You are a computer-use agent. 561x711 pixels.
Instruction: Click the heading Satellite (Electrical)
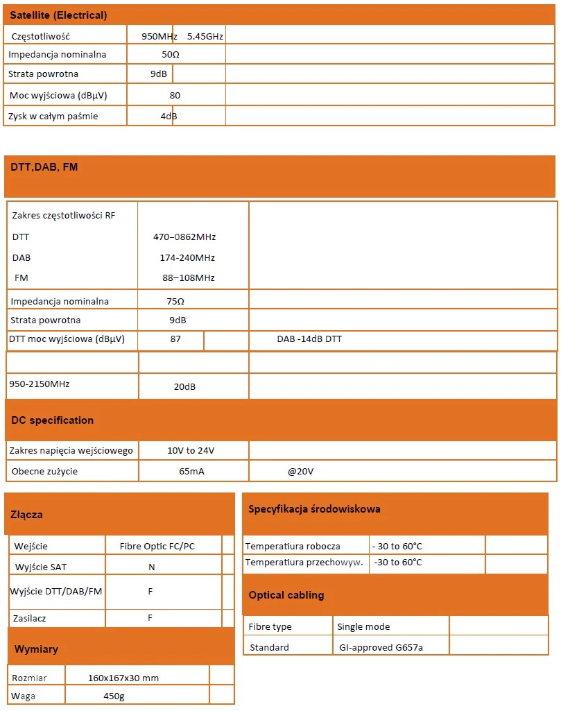tap(58, 15)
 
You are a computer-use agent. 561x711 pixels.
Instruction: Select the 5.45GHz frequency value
tap(205, 36)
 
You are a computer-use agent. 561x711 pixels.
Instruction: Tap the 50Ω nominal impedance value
tap(171, 54)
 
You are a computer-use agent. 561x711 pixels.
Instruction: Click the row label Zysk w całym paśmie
tap(53, 116)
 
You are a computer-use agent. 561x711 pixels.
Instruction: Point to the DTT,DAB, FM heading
tap(44, 167)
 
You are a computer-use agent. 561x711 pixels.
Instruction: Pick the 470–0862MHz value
tap(184, 237)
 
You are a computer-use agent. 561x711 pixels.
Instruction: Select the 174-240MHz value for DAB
tap(187, 257)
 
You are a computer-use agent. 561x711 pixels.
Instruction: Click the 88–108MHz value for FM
tap(189, 277)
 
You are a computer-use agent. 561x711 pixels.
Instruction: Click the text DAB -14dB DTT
tap(309, 339)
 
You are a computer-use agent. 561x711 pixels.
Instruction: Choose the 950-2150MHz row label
tap(40, 383)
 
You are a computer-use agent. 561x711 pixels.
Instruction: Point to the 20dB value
tap(184, 387)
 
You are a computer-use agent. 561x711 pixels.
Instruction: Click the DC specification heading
tap(53, 420)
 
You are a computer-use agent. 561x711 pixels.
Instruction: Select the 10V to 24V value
tap(191, 450)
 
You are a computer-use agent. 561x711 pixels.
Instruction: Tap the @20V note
tap(301, 472)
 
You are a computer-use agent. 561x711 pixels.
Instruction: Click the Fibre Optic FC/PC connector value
tap(157, 546)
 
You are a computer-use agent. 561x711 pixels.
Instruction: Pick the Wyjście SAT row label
tap(41, 567)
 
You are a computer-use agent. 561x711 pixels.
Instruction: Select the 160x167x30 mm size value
tap(128, 677)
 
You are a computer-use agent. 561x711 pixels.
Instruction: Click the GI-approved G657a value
tap(380, 647)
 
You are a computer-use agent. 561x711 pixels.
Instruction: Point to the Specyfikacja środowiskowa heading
tap(314, 509)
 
